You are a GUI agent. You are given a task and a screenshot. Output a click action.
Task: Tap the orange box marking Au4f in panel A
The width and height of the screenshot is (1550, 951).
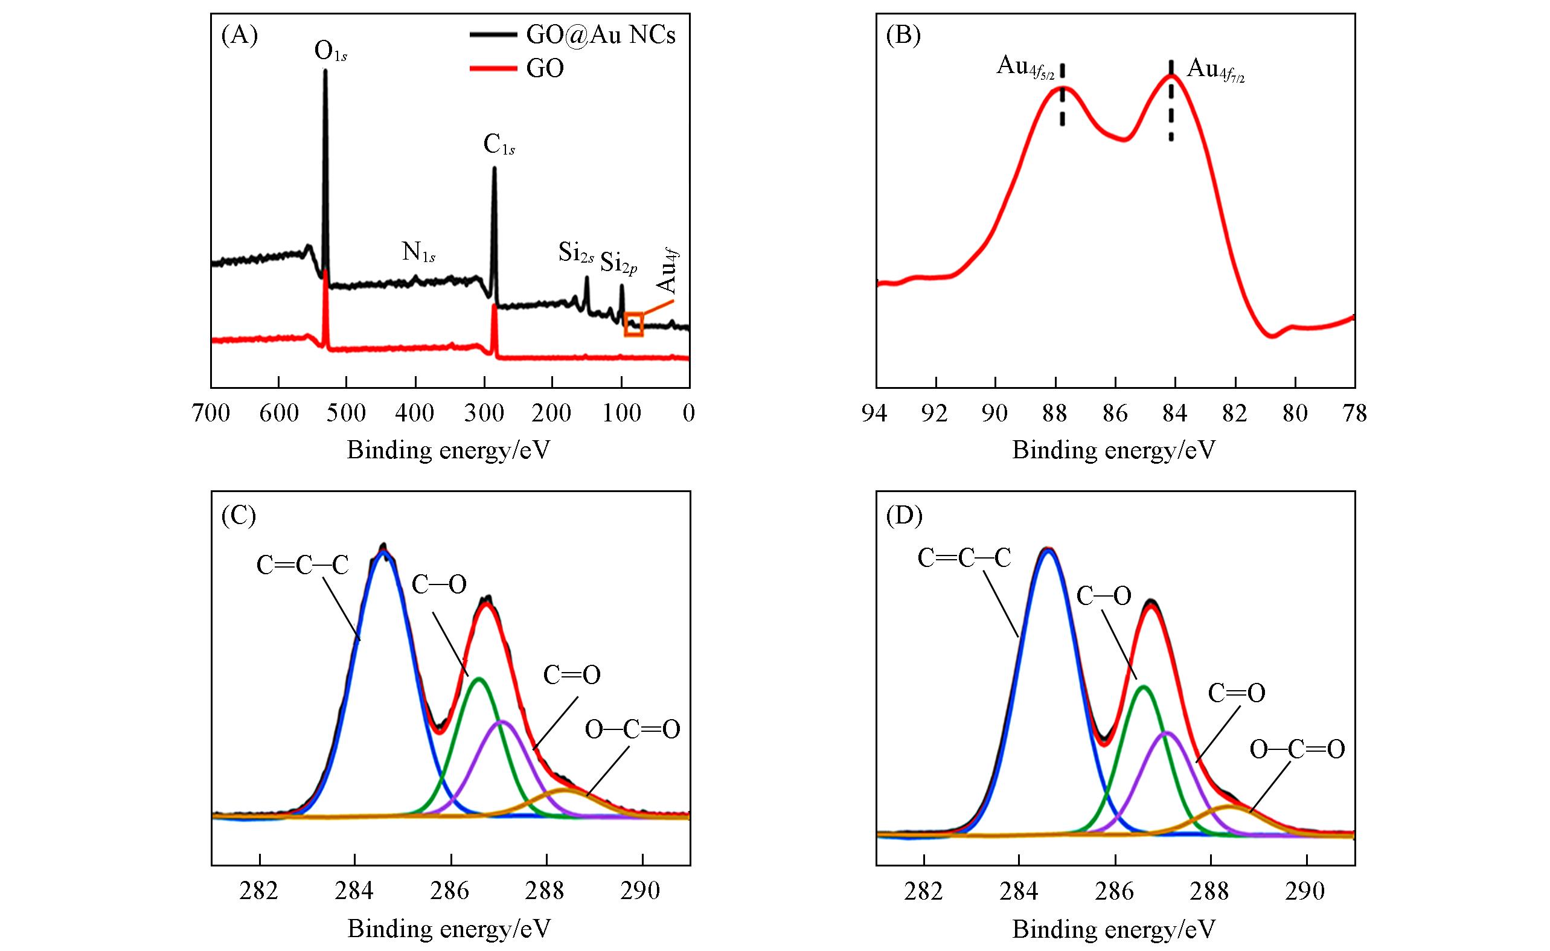633,324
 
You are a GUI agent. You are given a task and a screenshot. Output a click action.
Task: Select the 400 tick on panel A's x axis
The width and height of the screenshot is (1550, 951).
415,413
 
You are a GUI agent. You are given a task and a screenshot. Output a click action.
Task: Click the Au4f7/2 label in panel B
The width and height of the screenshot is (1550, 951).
1215,70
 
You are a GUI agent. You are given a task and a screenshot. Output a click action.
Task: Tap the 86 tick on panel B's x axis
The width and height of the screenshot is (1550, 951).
1115,413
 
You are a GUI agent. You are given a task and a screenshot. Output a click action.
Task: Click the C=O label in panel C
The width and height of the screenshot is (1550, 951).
571,676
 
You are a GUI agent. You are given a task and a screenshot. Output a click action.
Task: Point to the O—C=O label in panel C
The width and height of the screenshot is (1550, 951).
632,729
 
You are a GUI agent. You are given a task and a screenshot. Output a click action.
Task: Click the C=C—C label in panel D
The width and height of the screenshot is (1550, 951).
964,558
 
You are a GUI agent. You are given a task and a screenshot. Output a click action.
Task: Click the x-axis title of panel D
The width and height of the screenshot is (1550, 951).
1113,929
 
